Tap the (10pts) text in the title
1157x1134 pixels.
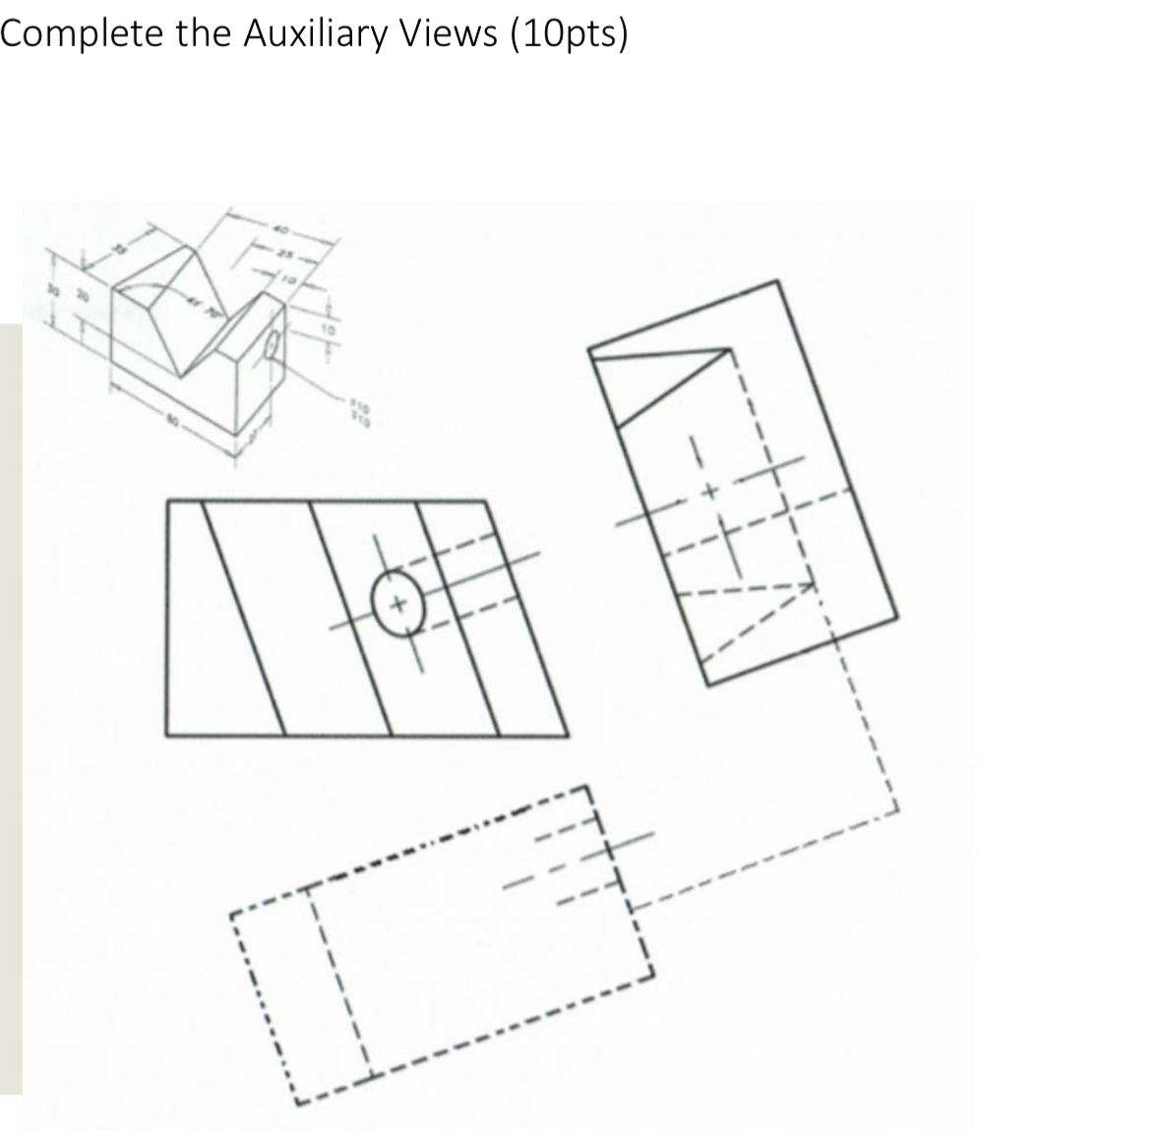[568, 34]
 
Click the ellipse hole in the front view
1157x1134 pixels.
[399, 602]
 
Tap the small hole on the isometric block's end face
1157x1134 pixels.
[274, 348]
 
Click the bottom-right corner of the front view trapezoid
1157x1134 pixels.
[568, 735]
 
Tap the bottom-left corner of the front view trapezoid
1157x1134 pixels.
[167, 735]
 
